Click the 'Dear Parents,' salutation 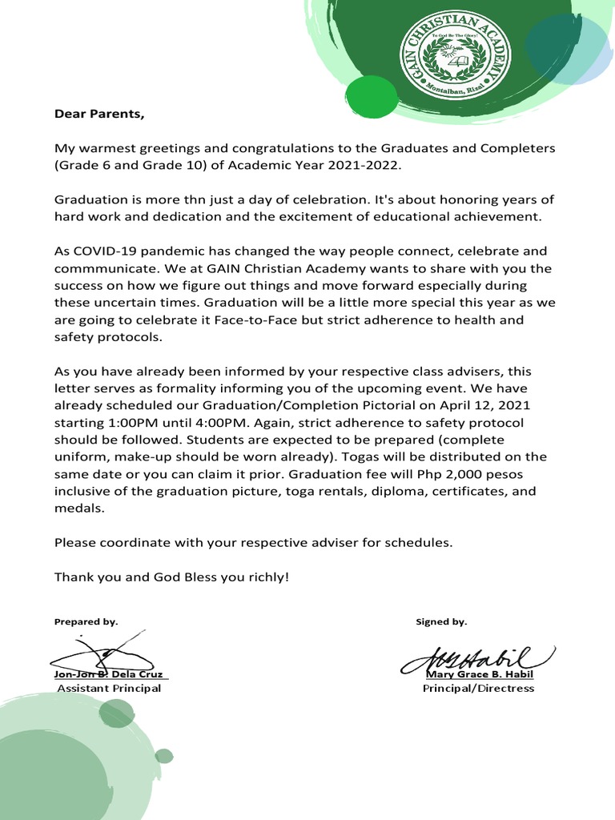click(100, 113)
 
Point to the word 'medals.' click(79, 508)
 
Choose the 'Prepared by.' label click(86, 621)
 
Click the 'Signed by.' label click(441, 621)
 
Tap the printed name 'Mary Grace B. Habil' click(479, 674)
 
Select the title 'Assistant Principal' click(109, 688)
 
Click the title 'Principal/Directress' click(478, 688)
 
